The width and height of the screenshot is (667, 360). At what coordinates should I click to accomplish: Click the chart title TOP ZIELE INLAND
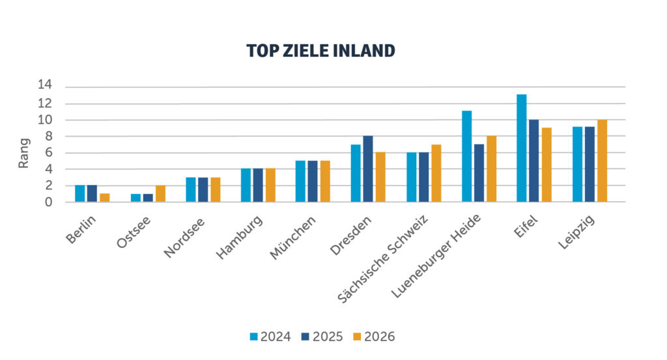[x=320, y=51]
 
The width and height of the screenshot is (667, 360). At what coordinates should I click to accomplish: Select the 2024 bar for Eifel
[x=521, y=148]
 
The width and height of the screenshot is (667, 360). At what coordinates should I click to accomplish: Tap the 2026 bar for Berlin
[x=104, y=197]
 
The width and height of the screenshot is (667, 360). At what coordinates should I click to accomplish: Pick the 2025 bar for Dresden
[x=368, y=169]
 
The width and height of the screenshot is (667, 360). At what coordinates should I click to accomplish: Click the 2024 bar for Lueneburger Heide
[x=466, y=156]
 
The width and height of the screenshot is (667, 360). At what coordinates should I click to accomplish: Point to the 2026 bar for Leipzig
[x=602, y=161]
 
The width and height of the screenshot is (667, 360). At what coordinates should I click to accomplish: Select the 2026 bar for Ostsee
[x=160, y=193]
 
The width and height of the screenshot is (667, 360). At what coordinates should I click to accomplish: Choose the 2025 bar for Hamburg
[x=258, y=185]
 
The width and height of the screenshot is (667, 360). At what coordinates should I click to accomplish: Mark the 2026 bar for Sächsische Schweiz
[x=436, y=173]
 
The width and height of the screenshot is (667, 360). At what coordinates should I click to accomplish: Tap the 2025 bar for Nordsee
[x=203, y=189]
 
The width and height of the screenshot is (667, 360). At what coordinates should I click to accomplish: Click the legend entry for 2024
[x=270, y=337]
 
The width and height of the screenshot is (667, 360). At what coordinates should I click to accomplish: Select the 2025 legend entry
[x=322, y=337]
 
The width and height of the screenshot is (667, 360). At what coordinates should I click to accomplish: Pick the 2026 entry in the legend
[x=374, y=337]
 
